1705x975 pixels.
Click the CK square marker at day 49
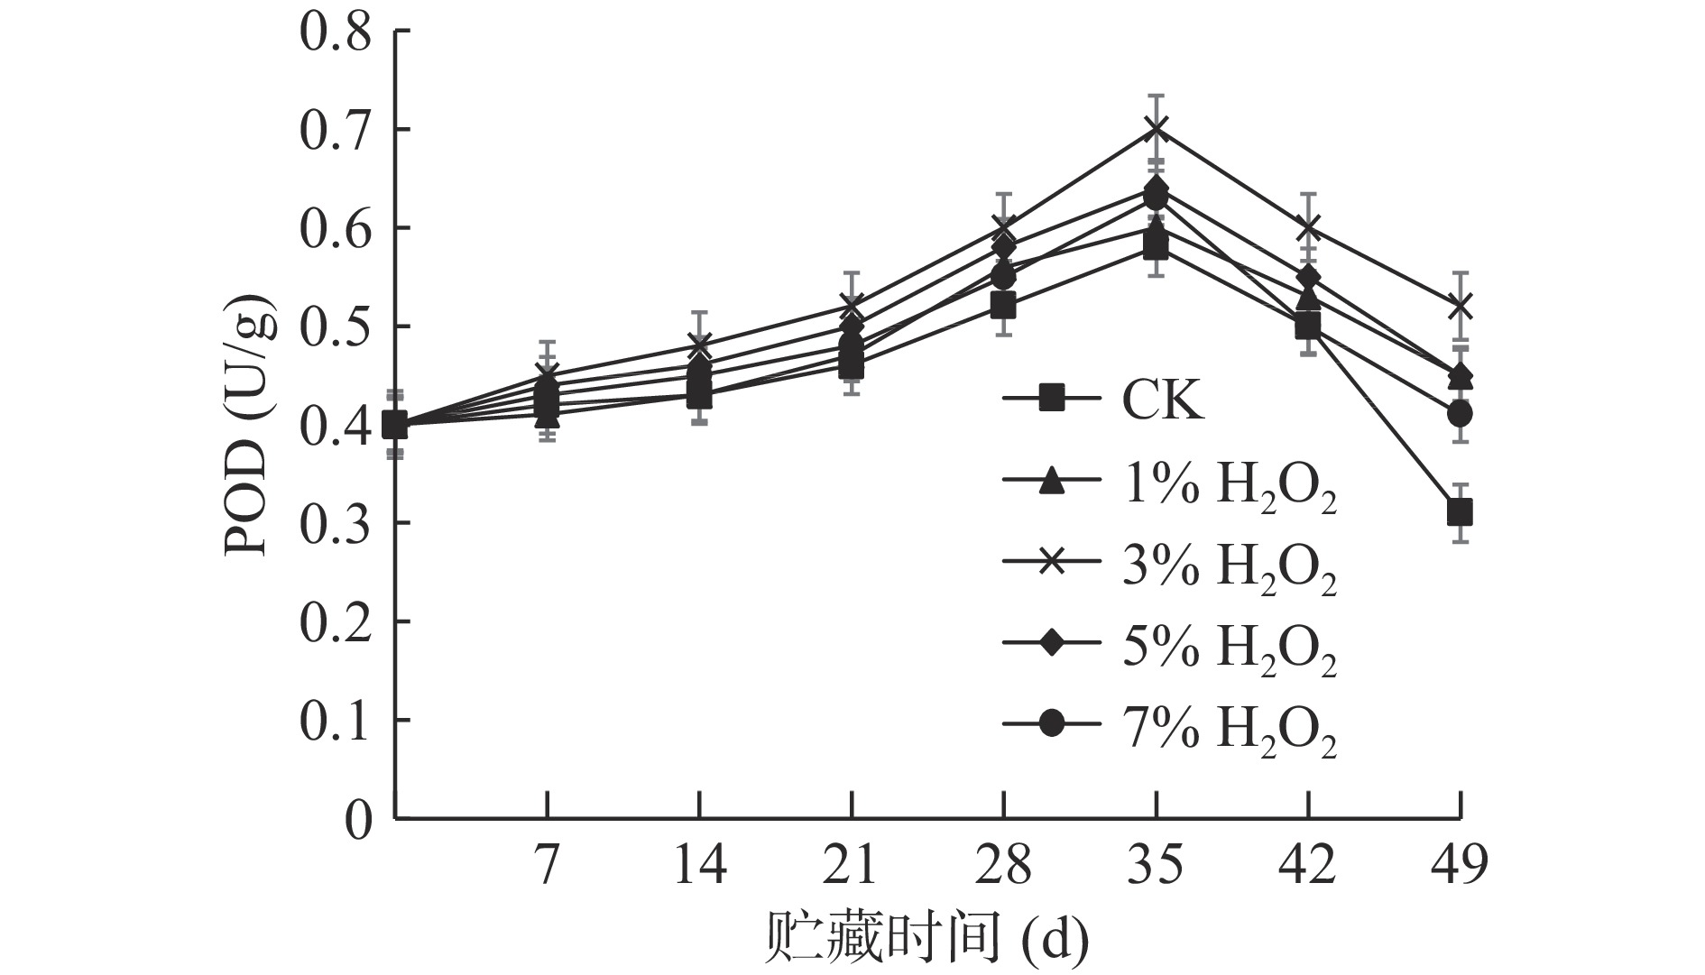1460,513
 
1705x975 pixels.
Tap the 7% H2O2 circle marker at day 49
1460,414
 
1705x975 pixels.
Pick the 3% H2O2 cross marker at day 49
1460,307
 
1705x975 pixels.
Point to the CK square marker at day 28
1003,306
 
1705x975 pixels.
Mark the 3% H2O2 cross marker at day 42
1308,227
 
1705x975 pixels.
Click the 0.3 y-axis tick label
335,524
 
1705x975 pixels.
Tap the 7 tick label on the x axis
547,867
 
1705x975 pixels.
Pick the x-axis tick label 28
1003,867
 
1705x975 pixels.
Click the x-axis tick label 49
1460,867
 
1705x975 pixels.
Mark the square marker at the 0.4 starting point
394,424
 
